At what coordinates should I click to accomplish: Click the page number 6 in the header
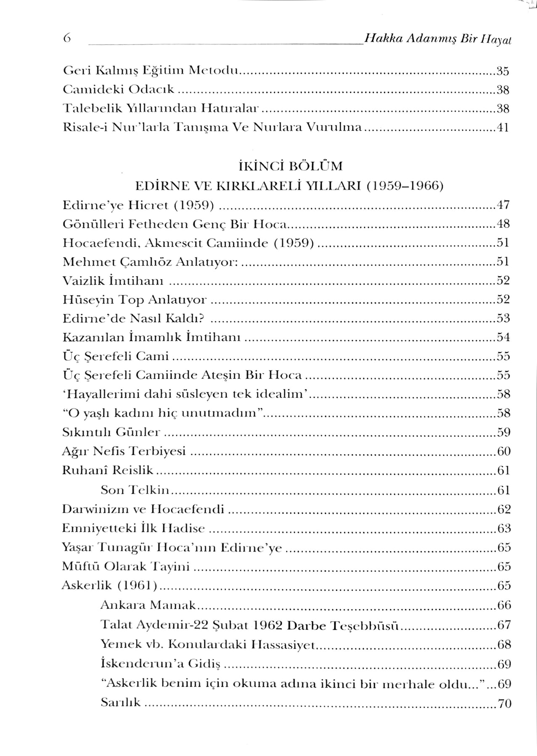coord(67,39)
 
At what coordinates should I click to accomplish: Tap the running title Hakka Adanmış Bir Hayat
coord(437,39)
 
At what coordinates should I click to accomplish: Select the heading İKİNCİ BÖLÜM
coord(290,166)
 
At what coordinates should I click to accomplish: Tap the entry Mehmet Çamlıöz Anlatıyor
coord(151,262)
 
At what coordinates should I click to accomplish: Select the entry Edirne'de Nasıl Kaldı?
coord(133,318)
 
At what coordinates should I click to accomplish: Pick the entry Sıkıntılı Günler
coord(111,432)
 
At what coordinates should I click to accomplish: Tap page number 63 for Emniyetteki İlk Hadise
coord(503,528)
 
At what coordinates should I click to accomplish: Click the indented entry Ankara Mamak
coord(149,605)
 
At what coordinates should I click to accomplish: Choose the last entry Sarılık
coord(121,702)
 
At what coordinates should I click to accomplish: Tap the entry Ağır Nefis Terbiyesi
coord(124,451)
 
